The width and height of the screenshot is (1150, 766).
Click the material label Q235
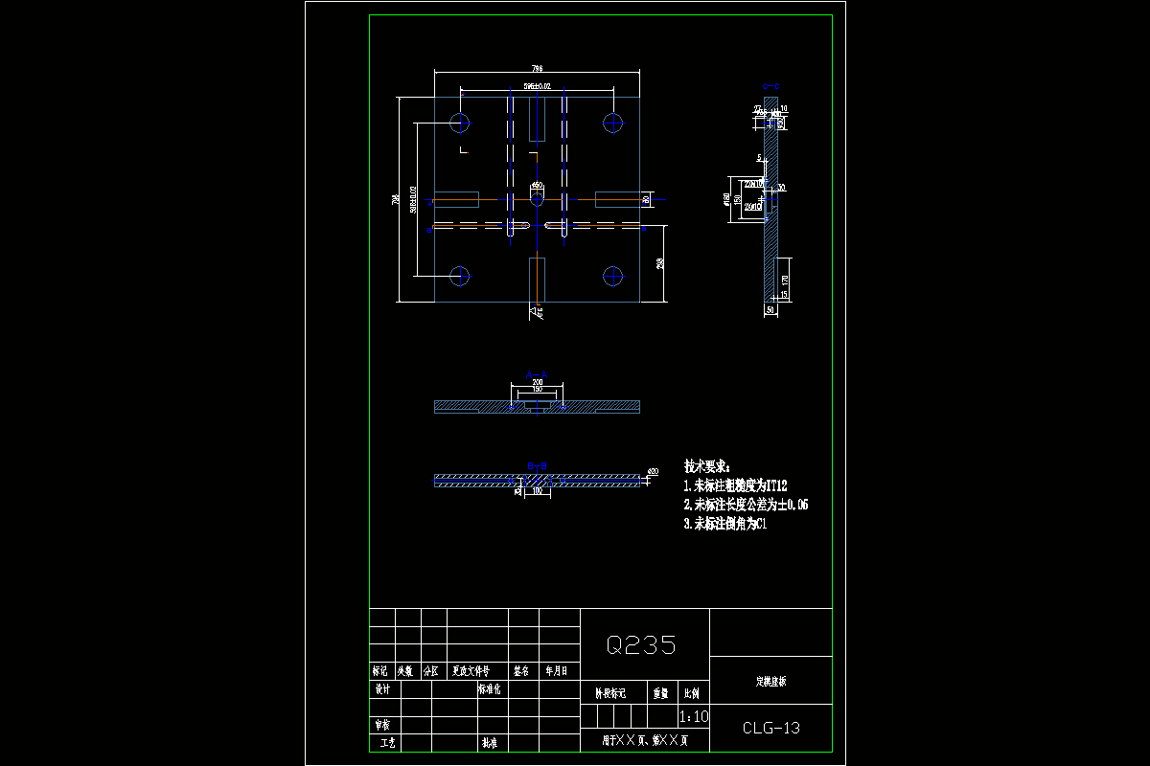click(x=641, y=644)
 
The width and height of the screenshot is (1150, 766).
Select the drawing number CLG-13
click(x=770, y=728)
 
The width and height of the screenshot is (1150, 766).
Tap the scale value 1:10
click(x=693, y=716)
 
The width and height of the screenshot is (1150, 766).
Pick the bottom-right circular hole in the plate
click(x=613, y=277)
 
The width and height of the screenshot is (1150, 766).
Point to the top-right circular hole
click(x=613, y=123)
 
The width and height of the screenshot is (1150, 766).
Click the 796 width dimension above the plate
click(x=537, y=69)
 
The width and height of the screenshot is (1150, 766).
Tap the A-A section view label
click(x=537, y=374)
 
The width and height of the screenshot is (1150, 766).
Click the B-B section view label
click(x=537, y=463)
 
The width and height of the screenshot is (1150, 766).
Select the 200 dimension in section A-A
click(x=537, y=382)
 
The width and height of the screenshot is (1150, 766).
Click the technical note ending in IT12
click(x=735, y=486)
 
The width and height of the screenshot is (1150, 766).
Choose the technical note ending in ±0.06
click(x=745, y=505)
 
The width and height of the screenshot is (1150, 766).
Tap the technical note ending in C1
click(x=724, y=524)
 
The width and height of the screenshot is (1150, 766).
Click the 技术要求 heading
click(x=706, y=466)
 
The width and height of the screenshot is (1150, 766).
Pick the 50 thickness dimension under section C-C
click(x=770, y=310)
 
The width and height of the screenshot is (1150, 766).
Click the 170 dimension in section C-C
click(x=785, y=282)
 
